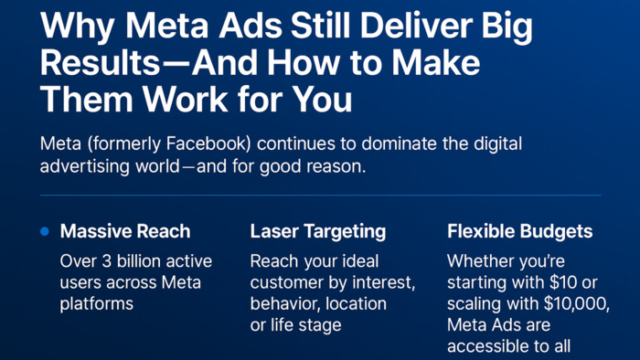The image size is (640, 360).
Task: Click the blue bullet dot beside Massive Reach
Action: (x=45, y=232)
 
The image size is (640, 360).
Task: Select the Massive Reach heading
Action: (x=125, y=232)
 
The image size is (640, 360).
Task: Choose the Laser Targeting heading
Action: (x=317, y=232)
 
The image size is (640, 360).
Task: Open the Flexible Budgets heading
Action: (x=519, y=232)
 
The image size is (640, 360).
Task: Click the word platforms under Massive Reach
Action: (x=97, y=303)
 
